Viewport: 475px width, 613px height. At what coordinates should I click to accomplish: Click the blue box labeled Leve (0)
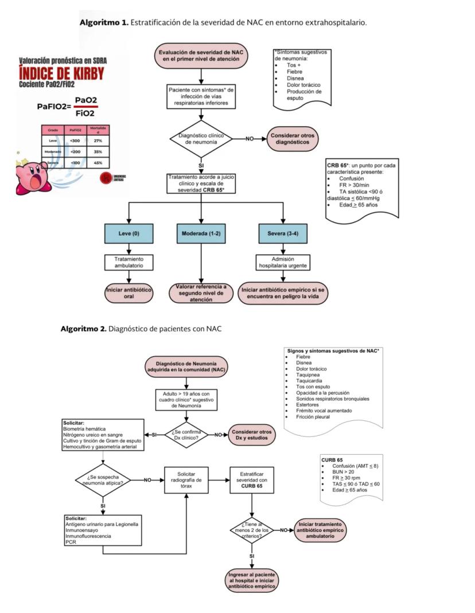point(129,233)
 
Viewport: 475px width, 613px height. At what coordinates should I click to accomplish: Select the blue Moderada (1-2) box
point(201,233)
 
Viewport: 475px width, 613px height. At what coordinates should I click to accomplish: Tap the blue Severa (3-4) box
point(283,233)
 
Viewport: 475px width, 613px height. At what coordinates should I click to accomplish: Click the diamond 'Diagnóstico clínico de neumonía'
point(201,138)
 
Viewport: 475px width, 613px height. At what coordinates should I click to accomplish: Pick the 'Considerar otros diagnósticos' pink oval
point(292,138)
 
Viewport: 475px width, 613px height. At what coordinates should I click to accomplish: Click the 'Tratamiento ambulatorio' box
point(129,262)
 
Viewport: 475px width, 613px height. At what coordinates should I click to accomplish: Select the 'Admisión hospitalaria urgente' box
point(283,262)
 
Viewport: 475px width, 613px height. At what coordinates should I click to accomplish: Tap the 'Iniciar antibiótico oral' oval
point(129,293)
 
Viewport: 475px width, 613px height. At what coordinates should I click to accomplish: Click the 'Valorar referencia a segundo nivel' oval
point(201,293)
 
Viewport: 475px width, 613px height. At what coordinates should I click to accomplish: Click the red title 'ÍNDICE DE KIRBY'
point(62,73)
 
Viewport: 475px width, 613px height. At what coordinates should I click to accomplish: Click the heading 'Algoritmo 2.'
point(84,329)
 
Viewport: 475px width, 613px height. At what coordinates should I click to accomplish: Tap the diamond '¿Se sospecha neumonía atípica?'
point(103,480)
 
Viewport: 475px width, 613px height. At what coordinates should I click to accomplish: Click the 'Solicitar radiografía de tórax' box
point(186,480)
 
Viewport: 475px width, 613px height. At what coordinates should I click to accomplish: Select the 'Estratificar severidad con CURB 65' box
point(252,480)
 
